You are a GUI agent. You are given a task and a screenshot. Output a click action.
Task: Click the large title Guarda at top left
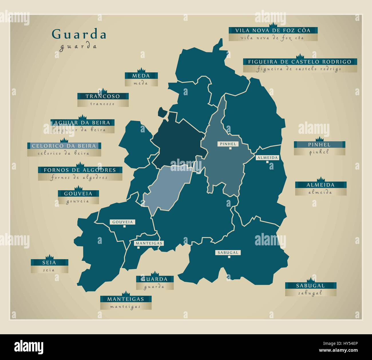click(x=79, y=34)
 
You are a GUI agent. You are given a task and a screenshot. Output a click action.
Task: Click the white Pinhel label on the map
click(x=228, y=144)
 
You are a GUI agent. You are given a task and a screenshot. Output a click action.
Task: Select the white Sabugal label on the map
click(x=228, y=252)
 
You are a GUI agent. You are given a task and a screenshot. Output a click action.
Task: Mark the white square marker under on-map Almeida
click(x=267, y=162)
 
